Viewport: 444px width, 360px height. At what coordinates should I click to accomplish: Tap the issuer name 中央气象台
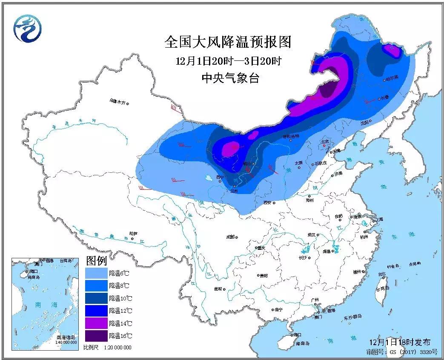point(230,78)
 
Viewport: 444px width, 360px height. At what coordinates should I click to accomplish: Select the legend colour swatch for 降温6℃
point(96,273)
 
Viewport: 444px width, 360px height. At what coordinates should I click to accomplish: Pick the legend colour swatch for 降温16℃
point(96,336)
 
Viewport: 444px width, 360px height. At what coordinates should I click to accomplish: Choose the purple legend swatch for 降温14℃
point(96,323)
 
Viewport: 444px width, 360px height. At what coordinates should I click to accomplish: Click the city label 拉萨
point(133,234)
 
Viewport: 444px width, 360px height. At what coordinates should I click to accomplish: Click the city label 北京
point(325,141)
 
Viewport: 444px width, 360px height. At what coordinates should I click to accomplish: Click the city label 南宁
point(278,309)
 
